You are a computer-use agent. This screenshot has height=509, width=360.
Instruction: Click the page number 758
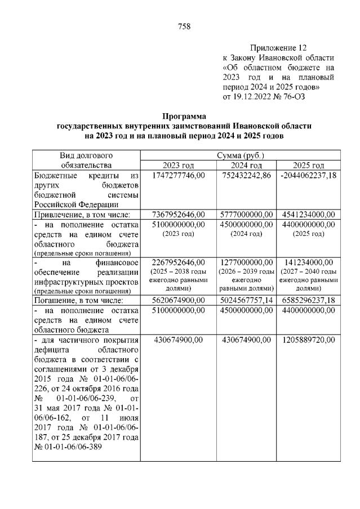coord(184,26)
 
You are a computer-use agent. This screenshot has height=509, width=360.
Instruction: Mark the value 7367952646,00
coord(179,214)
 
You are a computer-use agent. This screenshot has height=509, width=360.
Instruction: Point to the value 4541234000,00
coord(308,214)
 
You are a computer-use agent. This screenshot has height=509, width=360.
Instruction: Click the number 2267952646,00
coord(179,262)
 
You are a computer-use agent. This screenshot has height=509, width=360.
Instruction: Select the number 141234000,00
coord(308,262)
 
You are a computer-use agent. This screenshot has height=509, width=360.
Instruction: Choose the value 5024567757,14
coord(246,301)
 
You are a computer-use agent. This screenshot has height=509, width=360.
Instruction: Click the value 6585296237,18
coord(308,301)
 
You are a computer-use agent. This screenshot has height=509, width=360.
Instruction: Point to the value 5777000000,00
coord(246,214)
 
